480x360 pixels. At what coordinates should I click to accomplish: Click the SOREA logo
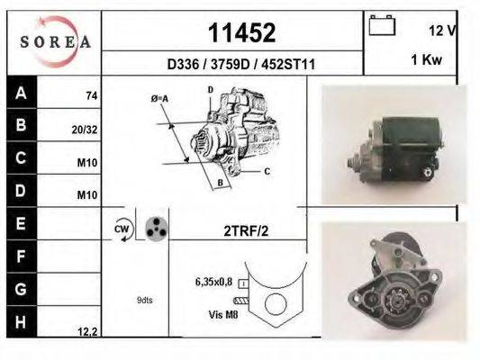(54, 41)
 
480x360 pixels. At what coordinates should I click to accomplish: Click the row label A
(20, 93)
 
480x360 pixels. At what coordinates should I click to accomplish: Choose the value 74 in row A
(91, 95)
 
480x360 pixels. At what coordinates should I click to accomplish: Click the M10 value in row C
(87, 163)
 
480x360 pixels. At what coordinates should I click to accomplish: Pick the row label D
(20, 191)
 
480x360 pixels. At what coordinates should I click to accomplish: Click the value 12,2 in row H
(86, 332)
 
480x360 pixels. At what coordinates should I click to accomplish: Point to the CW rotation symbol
(122, 229)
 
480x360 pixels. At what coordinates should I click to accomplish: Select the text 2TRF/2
(246, 230)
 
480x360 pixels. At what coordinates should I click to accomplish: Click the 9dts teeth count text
(143, 300)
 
